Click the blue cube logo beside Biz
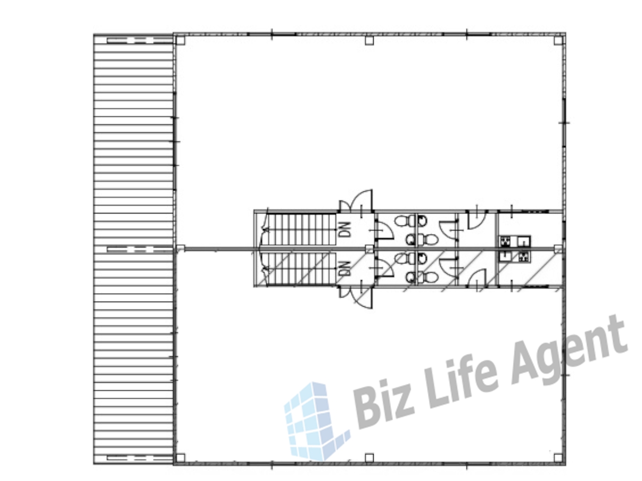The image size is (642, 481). (316, 420)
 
